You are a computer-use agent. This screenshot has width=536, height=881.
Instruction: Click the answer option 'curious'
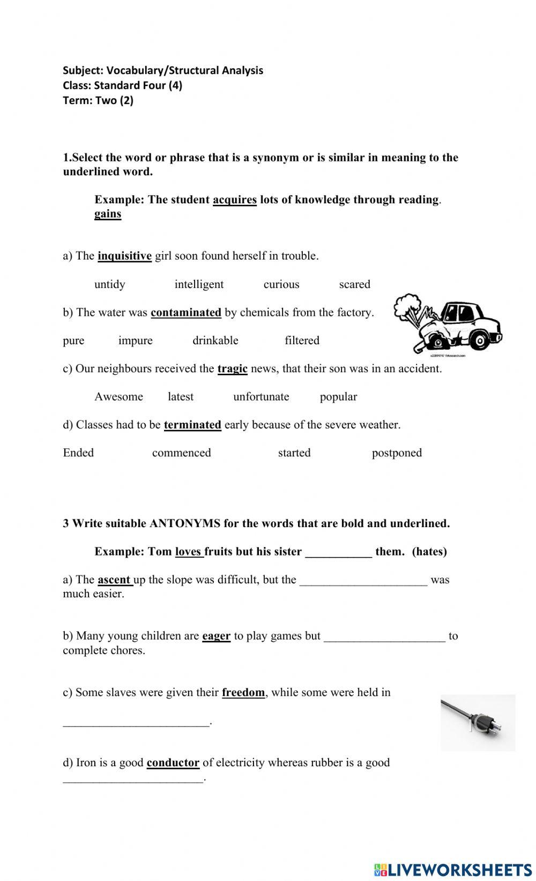281,284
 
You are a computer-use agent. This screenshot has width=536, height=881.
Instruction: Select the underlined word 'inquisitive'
124,256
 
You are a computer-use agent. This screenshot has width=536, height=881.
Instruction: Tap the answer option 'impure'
135,340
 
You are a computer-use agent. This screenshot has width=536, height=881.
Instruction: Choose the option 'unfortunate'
261,397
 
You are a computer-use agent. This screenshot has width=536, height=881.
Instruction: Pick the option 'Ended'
78,453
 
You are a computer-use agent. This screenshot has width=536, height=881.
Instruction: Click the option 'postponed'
397,453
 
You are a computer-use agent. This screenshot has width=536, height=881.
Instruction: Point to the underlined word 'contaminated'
185,313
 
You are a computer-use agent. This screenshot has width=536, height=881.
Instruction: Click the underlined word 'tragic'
232,369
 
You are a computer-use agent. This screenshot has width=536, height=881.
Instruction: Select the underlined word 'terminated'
192,425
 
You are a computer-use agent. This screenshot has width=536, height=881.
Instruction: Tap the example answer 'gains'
108,214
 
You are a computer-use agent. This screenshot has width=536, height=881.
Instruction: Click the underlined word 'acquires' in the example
235,200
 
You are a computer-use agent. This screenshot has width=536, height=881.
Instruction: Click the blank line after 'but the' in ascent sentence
363,582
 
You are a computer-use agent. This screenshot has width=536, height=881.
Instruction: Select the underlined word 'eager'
216,636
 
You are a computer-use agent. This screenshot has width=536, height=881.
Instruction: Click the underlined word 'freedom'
243,692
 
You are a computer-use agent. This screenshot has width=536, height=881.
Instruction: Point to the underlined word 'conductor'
173,762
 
